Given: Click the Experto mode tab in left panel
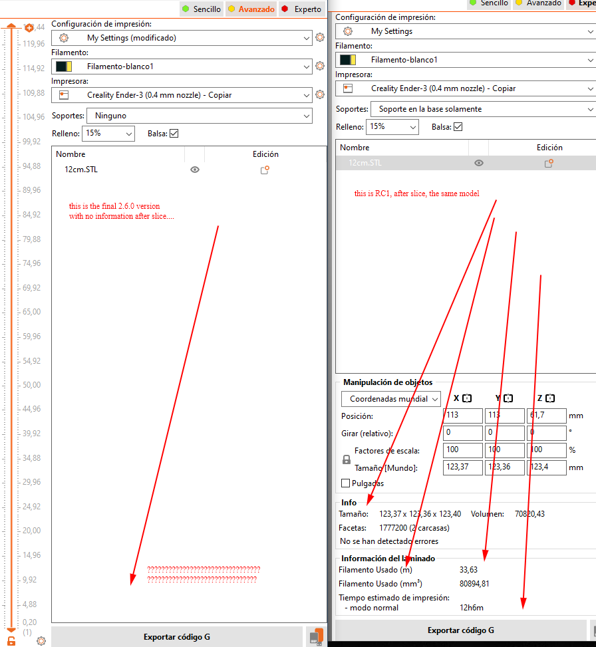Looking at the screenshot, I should pos(303,9).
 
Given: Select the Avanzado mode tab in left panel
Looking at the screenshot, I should pos(251,9).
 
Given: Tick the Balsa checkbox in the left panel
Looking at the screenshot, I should pos(174,134).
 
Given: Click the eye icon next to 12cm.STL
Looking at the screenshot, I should pos(195,170).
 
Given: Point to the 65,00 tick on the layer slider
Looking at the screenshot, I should pos(31,312).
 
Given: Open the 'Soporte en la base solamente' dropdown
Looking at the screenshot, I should pos(482,109).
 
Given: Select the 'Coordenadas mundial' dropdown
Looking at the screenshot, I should pos(391,399).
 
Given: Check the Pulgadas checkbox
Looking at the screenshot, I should pos(346,483).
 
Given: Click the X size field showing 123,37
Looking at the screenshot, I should pos(462,467).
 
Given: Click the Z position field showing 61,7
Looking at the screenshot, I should pos(546,416).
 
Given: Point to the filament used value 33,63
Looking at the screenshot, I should pos(468,570).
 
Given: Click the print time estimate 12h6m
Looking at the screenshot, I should pos(470,608).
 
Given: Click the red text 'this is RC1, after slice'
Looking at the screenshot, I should pos(416,194).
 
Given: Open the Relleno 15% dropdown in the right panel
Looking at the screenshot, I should pos(392,127).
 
